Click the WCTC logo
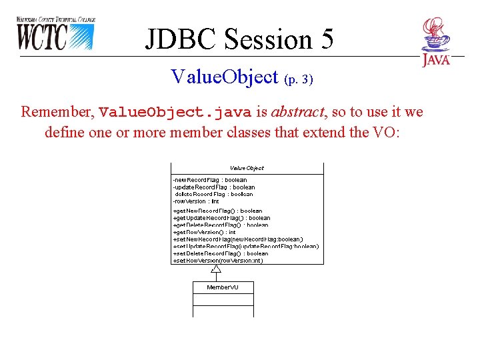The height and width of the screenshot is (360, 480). pyautogui.click(x=55, y=33)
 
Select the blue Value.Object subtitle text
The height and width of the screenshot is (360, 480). pyautogui.click(x=224, y=77)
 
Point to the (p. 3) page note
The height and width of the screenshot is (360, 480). pyautogui.click(x=298, y=79)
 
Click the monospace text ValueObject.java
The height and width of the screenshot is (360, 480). pyautogui.click(x=175, y=111)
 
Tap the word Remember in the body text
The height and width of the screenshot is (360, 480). pyautogui.click(x=57, y=111)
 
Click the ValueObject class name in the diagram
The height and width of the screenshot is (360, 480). pyautogui.click(x=247, y=168)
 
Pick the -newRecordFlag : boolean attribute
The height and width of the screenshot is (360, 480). pyautogui.click(x=210, y=180)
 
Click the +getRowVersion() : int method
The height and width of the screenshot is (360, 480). pyautogui.click(x=205, y=232)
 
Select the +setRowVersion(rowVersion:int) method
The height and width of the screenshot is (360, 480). pyautogui.click(x=218, y=260)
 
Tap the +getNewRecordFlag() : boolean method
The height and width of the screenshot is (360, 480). pyautogui.click(x=218, y=211)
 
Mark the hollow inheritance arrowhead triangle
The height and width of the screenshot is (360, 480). pyautogui.click(x=215, y=269)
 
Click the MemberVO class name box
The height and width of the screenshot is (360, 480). pyautogui.click(x=223, y=287)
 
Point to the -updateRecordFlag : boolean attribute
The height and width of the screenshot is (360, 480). pyautogui.click(x=214, y=187)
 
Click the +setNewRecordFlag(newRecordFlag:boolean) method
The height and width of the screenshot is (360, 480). pyautogui.click(x=238, y=239)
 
